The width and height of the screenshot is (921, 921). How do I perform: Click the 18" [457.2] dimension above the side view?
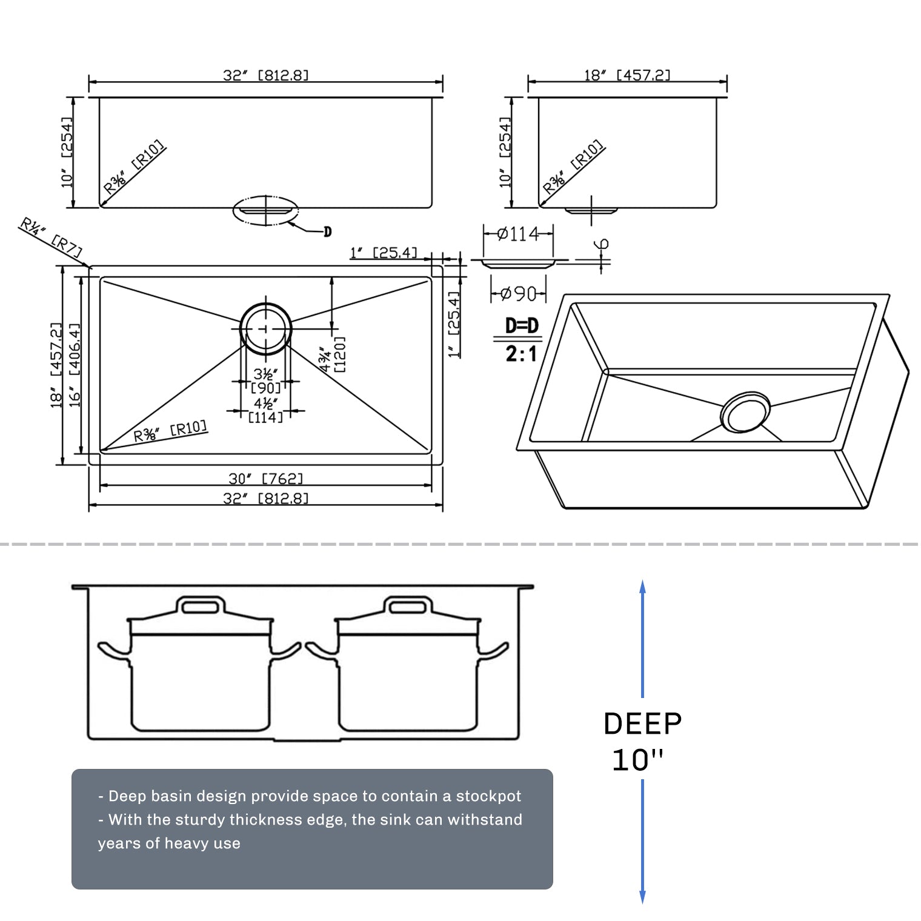[627, 75]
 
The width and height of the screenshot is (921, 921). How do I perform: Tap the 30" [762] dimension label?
[265, 479]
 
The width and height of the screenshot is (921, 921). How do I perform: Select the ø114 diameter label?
[517, 234]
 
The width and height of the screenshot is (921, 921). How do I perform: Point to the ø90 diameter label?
[517, 294]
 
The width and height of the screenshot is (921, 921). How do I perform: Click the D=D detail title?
[522, 326]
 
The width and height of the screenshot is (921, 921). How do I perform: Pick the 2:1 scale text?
[521, 353]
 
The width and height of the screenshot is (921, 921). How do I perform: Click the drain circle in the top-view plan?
[265, 328]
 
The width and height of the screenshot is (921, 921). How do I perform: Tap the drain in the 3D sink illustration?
[745, 412]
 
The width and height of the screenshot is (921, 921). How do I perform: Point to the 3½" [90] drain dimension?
[266, 381]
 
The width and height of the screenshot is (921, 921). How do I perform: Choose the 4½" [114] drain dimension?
[266, 410]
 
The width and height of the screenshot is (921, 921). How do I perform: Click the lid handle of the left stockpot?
[199, 606]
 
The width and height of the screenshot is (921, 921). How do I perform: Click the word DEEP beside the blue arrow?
[642, 723]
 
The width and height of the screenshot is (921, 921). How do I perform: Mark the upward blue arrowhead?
[642, 586]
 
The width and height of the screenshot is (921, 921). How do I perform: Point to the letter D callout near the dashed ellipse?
[327, 231]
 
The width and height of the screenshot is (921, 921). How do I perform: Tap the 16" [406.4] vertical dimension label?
[75, 365]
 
